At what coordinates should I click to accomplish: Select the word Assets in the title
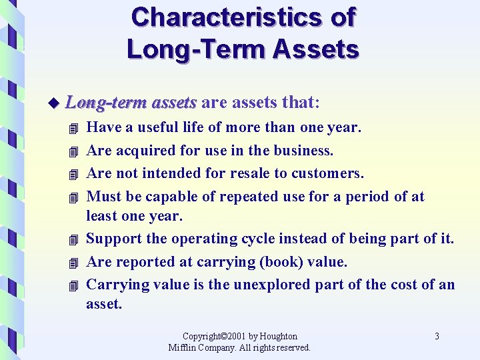[315, 49]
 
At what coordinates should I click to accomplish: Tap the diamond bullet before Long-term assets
[54, 103]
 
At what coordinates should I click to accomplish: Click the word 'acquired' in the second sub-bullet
[147, 150]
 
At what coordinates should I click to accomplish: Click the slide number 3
[437, 337]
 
